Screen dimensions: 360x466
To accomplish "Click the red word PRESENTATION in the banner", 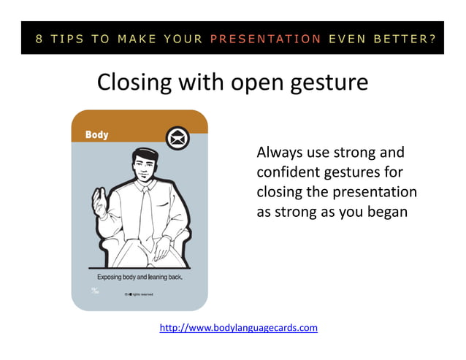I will pos(266,39).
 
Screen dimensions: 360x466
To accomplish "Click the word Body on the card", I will pos(96,134).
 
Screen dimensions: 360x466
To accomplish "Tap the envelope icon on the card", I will pos(176,137).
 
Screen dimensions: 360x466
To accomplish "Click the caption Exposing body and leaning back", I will pos(140,277).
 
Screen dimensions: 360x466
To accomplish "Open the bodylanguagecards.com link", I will pos(239,328).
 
